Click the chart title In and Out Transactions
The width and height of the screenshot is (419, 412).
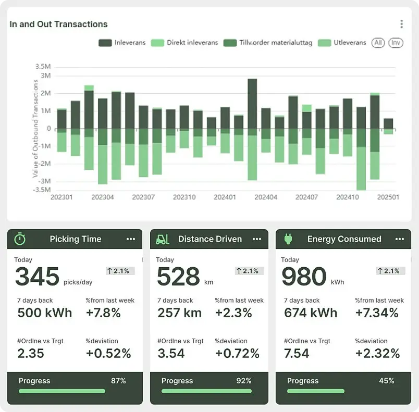coord(58,24)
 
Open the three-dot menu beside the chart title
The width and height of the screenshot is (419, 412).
coord(401,24)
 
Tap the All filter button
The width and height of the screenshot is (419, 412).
coord(378,43)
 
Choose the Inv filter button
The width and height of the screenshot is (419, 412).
coord(396,43)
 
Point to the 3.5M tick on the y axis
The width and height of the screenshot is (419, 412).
coord(43,67)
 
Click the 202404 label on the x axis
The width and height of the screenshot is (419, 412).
coord(266,197)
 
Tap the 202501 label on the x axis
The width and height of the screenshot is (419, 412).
coord(388,197)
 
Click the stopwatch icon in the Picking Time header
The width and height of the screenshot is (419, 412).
coord(20,239)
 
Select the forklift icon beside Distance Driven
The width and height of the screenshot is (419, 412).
coord(163,239)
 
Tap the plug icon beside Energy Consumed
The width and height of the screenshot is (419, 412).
coord(288,239)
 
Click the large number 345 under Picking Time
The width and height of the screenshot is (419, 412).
coord(37,277)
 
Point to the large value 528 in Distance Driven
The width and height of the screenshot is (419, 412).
coord(178,277)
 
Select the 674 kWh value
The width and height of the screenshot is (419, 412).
coord(311,313)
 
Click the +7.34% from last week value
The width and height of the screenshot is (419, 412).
coord(377,313)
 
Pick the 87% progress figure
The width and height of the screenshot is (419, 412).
coord(118,381)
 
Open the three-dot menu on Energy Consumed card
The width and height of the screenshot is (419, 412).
coord(400,239)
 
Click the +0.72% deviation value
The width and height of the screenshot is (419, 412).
coord(237,354)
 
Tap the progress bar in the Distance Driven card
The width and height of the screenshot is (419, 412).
coord(206,391)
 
